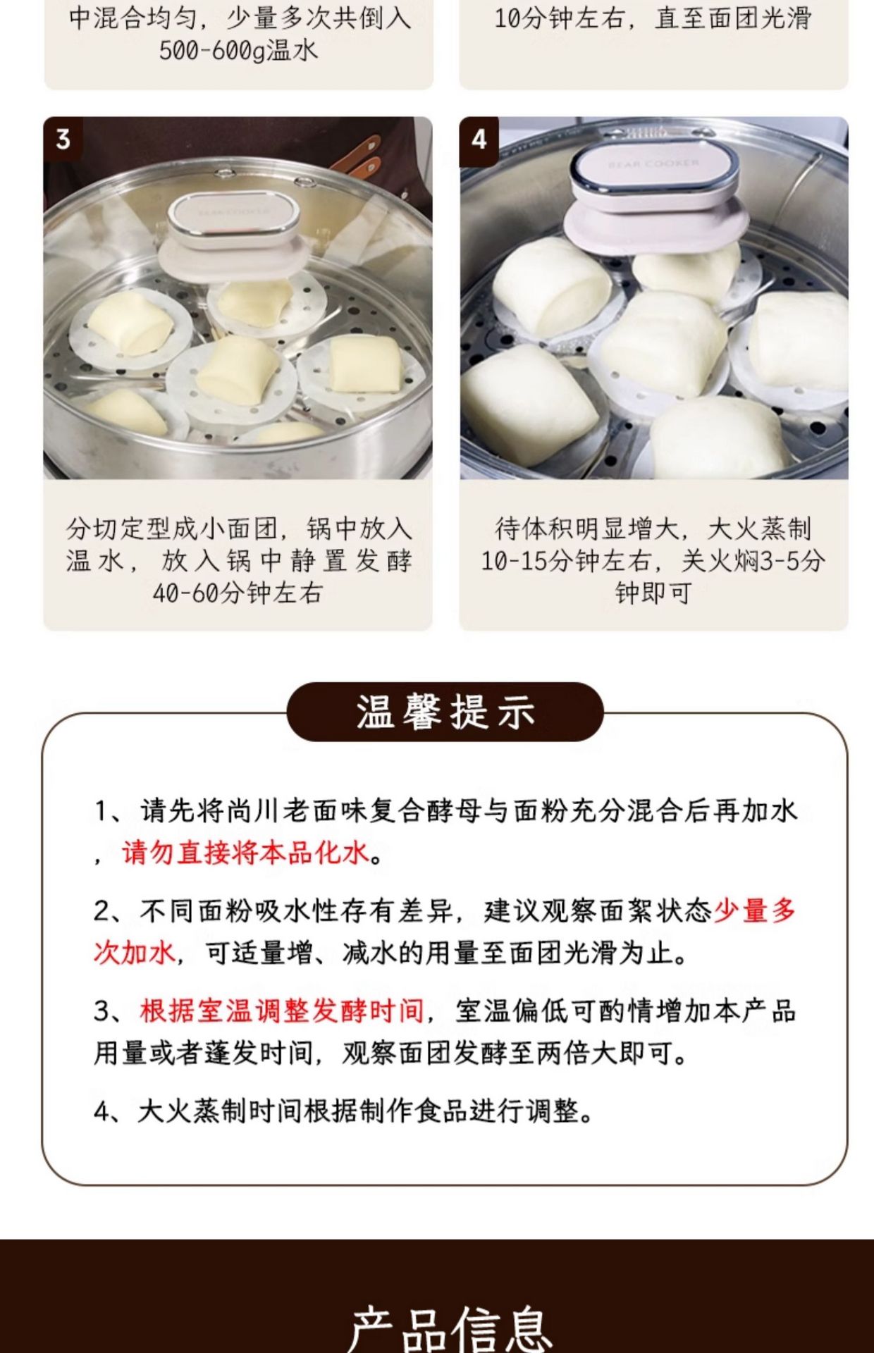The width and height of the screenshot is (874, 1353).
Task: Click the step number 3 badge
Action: pyautogui.click(x=63, y=139)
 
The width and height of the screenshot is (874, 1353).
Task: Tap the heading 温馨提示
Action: pyautogui.click(x=445, y=712)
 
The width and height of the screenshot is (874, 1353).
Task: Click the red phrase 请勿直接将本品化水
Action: pyautogui.click(x=245, y=853)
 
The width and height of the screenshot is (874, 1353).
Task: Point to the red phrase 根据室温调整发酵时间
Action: pyautogui.click(x=282, y=1011)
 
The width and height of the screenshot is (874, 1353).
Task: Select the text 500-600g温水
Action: pyautogui.click(x=238, y=50)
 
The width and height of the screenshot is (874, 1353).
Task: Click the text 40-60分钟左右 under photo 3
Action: pyautogui.click(x=238, y=593)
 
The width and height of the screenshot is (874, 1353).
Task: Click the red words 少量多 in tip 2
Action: pyautogui.click(x=755, y=911)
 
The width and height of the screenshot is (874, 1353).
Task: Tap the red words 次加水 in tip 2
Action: pyautogui.click(x=134, y=953)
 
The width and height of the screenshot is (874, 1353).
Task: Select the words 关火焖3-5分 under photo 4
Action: pyautogui.click(x=753, y=561)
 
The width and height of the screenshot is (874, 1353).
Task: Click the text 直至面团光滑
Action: pyautogui.click(x=733, y=18)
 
